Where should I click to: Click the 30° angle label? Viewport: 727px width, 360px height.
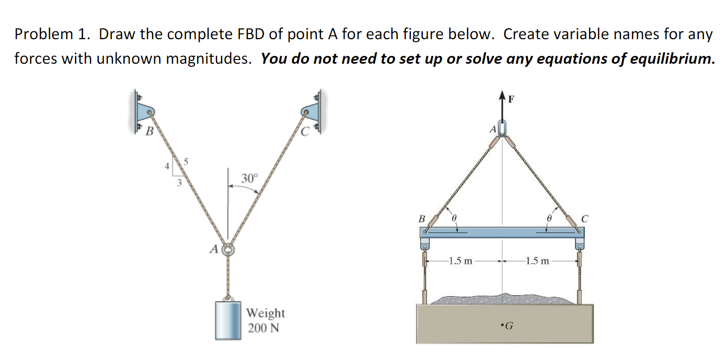click(x=249, y=178)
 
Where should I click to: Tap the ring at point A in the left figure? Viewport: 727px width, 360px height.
click(x=228, y=250)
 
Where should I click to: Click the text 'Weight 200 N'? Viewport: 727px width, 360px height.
click(x=266, y=320)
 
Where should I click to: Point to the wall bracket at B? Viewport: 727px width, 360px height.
click(x=144, y=113)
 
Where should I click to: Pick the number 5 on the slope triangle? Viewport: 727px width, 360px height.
click(x=183, y=162)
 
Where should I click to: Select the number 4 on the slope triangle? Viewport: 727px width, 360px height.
click(x=167, y=167)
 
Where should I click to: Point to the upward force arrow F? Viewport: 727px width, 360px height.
click(x=503, y=107)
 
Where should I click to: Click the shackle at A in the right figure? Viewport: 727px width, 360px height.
click(x=503, y=127)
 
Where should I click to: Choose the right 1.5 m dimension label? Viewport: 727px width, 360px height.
click(x=538, y=261)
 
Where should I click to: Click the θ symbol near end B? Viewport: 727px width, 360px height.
click(x=454, y=216)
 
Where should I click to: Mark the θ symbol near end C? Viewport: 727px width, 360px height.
click(x=548, y=216)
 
